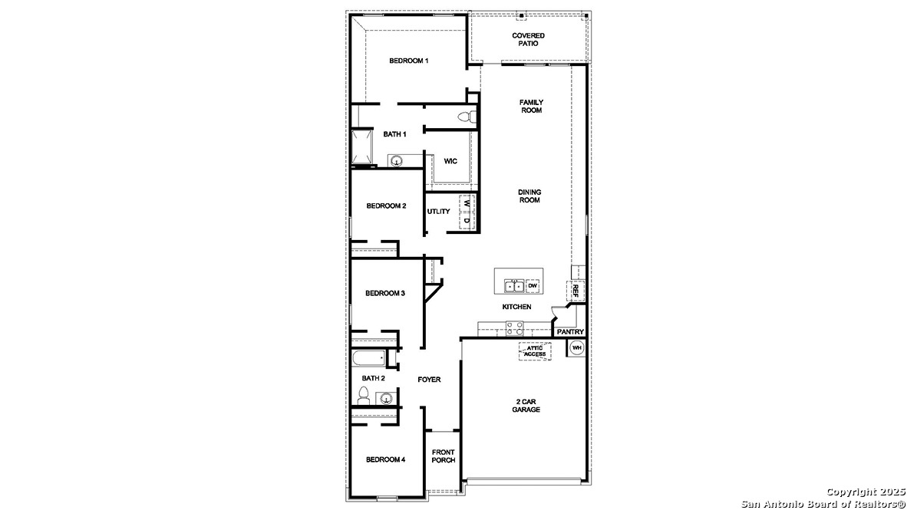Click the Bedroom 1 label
pyautogui.click(x=408, y=61)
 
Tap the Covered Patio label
pyautogui.click(x=528, y=40)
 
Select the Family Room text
pyautogui.click(x=531, y=107)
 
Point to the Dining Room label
pyautogui.click(x=529, y=196)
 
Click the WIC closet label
pyautogui.click(x=450, y=161)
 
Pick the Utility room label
pyautogui.click(x=439, y=212)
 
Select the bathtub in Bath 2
pyautogui.click(x=369, y=358)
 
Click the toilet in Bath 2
pyautogui.click(x=363, y=396)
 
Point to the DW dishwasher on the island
pyautogui.click(x=533, y=286)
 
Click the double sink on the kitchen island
pyautogui.click(x=514, y=287)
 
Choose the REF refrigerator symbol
pyautogui.click(x=575, y=291)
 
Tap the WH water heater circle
pyautogui.click(x=576, y=348)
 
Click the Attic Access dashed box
pyautogui.click(x=535, y=351)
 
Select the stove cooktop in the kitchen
pyautogui.click(x=514, y=328)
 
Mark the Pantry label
pyautogui.click(x=570, y=332)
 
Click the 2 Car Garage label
pyautogui.click(x=526, y=406)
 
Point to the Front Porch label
pyautogui.click(x=444, y=456)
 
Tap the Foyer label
pyautogui.click(x=429, y=380)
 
